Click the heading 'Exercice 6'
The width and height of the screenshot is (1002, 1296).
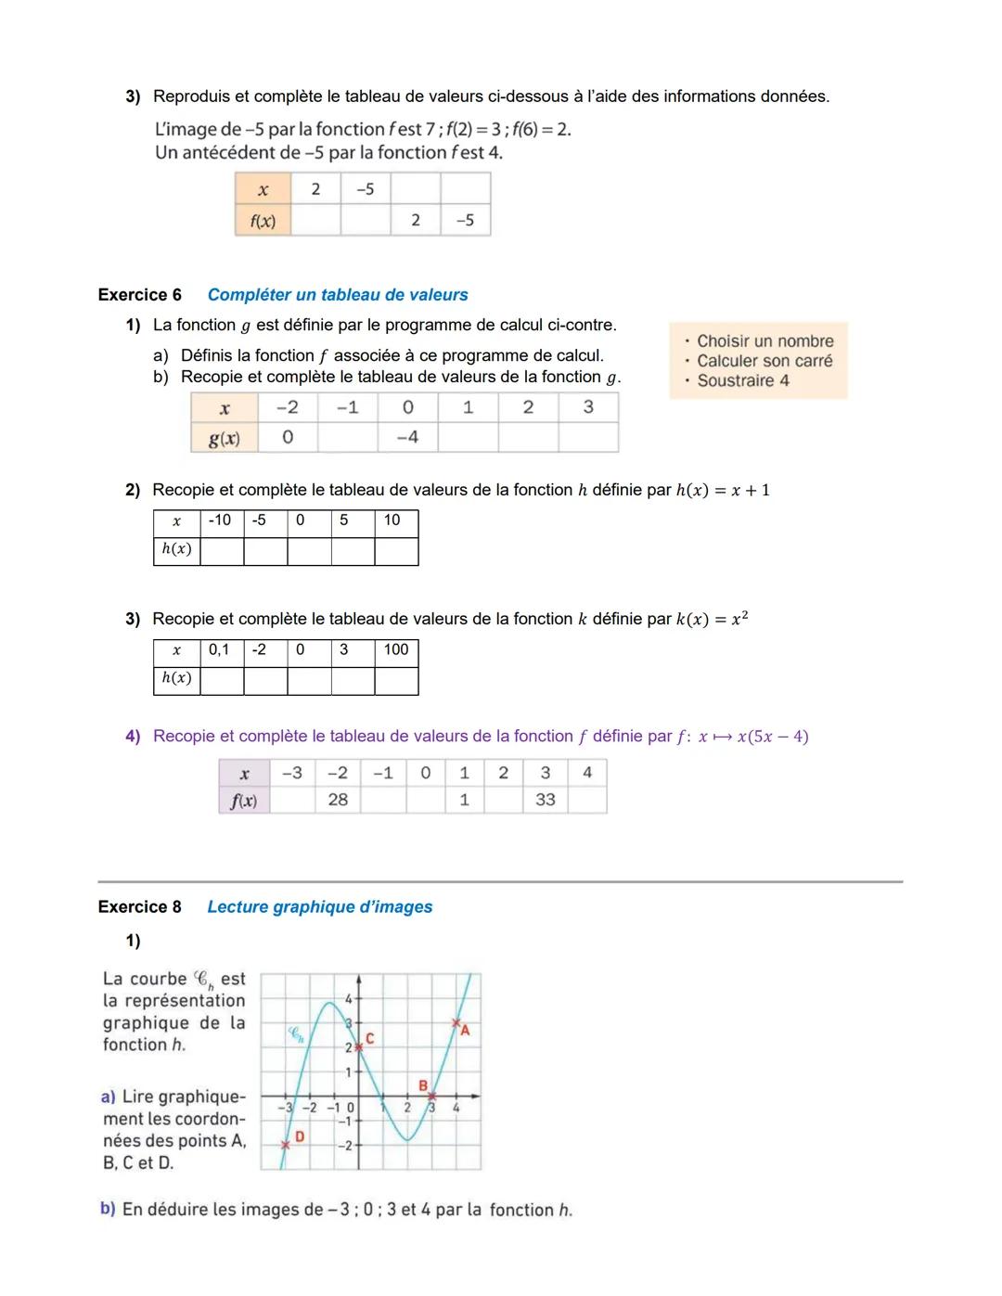click(x=140, y=295)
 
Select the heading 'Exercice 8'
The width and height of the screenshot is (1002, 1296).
click(x=140, y=907)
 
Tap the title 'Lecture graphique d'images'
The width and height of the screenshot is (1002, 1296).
click(x=319, y=907)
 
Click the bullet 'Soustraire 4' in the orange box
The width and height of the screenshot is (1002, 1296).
click(x=742, y=380)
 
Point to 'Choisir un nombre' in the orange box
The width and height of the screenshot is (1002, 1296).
click(x=764, y=341)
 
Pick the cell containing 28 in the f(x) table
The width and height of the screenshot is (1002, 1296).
click(x=338, y=800)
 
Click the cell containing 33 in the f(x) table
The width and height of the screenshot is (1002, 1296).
click(x=546, y=800)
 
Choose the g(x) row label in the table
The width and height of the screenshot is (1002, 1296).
click(x=224, y=439)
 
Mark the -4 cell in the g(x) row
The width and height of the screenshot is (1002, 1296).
click(x=407, y=437)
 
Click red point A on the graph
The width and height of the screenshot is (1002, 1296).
click(x=456, y=1024)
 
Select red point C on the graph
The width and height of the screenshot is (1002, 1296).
click(x=359, y=1046)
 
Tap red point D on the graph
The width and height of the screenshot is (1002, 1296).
click(x=287, y=1144)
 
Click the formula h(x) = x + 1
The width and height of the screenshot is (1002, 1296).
click(x=723, y=491)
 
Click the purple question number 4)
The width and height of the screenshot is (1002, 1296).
click(x=133, y=737)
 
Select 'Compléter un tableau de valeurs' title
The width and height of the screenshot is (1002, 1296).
click(x=338, y=295)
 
